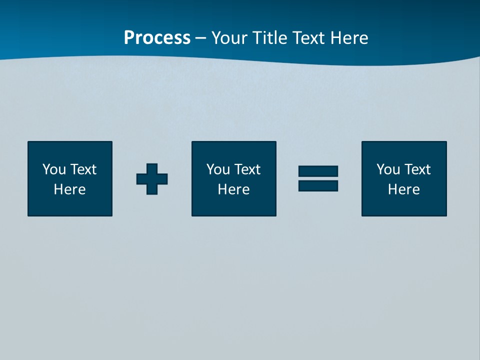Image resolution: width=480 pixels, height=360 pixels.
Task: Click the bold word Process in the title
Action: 157,38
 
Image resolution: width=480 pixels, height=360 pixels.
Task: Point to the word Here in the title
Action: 350,38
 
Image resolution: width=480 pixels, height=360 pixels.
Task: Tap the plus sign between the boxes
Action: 152,178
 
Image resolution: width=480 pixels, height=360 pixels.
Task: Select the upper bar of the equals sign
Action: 318,171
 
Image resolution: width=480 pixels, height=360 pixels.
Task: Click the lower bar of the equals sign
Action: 318,185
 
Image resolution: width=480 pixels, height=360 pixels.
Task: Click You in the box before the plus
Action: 54,169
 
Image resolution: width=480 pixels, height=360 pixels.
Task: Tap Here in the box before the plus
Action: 70,189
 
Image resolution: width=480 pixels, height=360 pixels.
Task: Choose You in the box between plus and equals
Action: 218,169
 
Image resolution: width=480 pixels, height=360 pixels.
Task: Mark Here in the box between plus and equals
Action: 234,189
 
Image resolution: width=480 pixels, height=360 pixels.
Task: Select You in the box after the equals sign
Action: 388,169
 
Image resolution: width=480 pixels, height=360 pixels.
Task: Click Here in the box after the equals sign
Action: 404,189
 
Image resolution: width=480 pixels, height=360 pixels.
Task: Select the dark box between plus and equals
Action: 234,205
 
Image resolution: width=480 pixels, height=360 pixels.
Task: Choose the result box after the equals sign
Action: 404,205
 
